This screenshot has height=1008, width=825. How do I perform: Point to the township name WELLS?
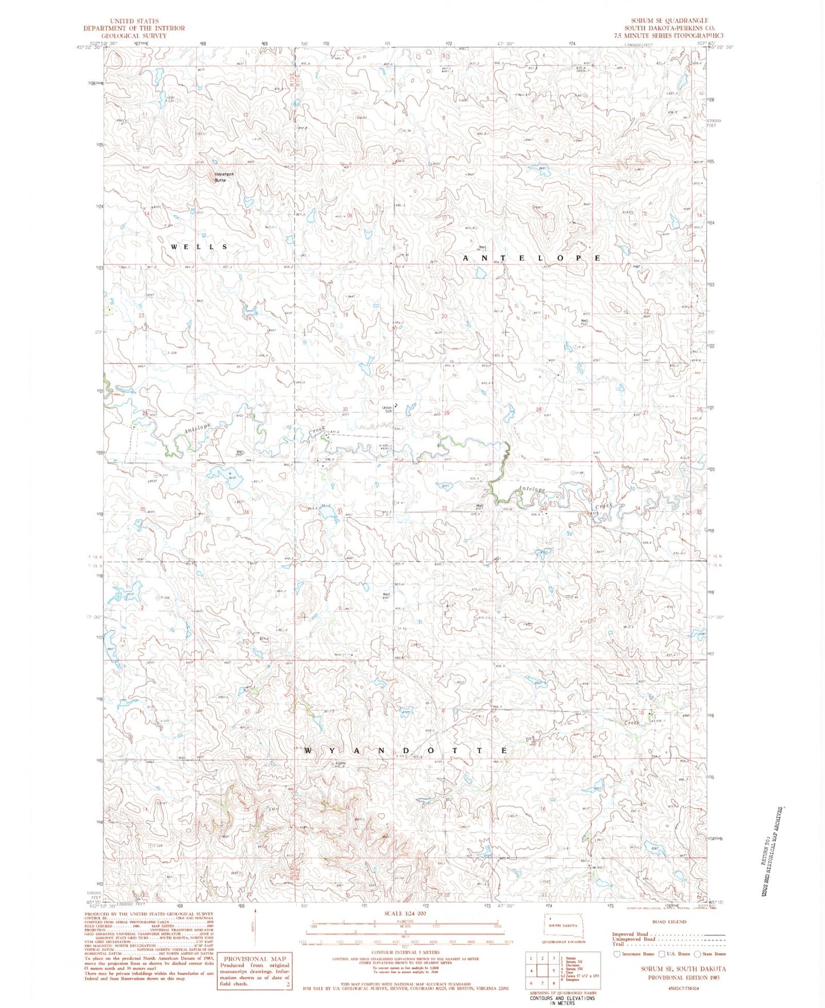pos(199,247)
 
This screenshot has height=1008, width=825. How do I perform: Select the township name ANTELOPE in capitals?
pos(531,258)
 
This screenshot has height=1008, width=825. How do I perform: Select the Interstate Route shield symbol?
pos(617,954)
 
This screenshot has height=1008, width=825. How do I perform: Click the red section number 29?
pos(446,413)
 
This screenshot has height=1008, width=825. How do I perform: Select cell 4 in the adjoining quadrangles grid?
pos(532,970)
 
